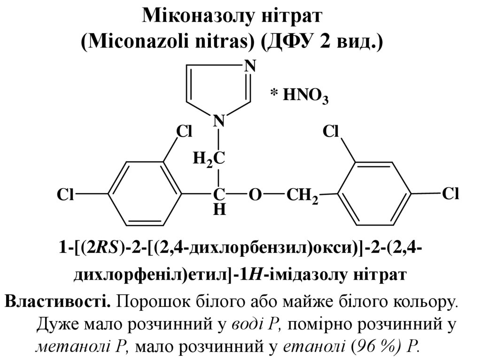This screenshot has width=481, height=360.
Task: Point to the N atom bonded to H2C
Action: point(219,121)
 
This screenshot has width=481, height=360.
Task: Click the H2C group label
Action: point(208,158)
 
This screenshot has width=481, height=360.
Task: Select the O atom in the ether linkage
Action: point(254,195)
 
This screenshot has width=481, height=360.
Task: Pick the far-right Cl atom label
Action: point(450,193)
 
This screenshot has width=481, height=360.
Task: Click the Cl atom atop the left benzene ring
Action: point(184,132)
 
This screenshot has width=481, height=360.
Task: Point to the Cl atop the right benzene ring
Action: point(331,132)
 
